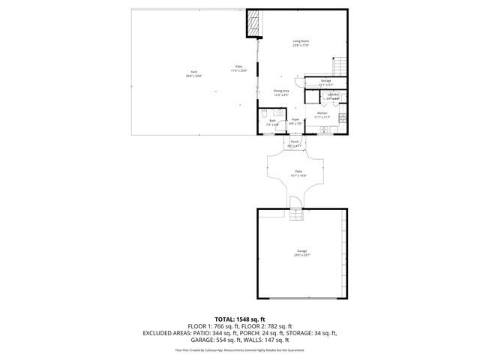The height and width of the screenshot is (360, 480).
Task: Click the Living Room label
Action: (x=301, y=41)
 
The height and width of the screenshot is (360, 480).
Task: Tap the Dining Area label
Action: (x=281, y=91)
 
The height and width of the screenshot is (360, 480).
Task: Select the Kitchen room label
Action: (x=322, y=113)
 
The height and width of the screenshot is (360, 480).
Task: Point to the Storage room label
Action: (x=325, y=80)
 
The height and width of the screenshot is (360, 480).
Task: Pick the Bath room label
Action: (x=273, y=121)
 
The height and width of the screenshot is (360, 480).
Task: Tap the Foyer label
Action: (x=295, y=119)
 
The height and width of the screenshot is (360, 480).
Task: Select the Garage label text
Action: (x=301, y=250)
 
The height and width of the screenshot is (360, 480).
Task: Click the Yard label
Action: (x=194, y=73)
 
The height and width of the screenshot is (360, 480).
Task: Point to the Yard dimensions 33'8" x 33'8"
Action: (x=194, y=76)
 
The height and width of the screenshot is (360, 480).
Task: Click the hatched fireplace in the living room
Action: (x=252, y=24)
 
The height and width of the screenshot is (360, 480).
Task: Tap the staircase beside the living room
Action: (x=342, y=67)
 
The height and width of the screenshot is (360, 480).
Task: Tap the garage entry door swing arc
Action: (x=295, y=202)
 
